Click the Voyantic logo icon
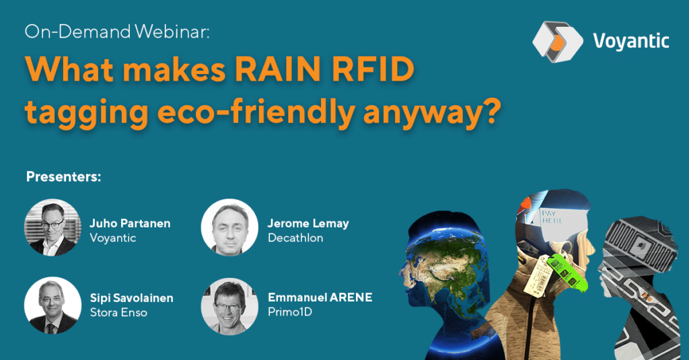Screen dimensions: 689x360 click(x=557, y=42)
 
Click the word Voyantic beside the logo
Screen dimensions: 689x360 click(x=631, y=41)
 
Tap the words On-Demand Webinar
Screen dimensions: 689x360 click(x=117, y=32)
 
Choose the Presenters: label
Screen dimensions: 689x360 click(x=64, y=177)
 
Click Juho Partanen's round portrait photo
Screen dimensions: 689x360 click(x=52, y=227)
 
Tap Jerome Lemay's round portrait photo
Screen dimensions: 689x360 click(x=230, y=227)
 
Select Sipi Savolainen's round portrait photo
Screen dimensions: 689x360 click(x=52, y=305)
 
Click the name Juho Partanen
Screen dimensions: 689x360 click(x=130, y=223)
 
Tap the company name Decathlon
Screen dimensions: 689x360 click(x=296, y=238)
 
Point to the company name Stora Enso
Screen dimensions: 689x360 click(x=118, y=312)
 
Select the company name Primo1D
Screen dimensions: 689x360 click(x=290, y=312)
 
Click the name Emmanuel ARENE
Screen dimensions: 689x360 click(x=320, y=297)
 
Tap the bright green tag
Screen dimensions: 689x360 click(x=567, y=273)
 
